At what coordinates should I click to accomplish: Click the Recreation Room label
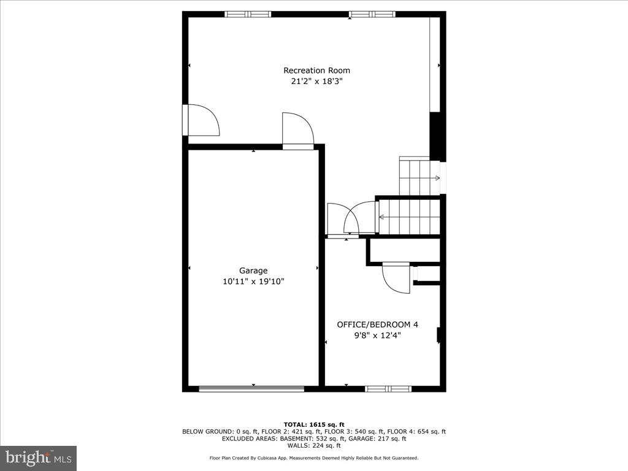click(316, 71)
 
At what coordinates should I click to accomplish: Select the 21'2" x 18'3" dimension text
click(316, 81)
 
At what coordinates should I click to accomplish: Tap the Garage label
click(253, 270)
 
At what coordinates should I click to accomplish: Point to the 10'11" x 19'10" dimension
click(253, 281)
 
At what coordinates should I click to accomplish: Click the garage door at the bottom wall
click(251, 388)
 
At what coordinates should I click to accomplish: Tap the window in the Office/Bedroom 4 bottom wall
click(388, 388)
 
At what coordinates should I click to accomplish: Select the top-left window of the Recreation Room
click(248, 14)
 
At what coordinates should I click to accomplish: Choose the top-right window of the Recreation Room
click(372, 14)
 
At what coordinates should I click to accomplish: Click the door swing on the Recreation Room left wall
click(202, 121)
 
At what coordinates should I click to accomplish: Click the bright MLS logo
click(38, 458)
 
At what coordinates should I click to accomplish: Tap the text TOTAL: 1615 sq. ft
click(314, 424)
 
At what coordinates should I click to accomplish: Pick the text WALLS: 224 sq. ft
click(314, 446)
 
